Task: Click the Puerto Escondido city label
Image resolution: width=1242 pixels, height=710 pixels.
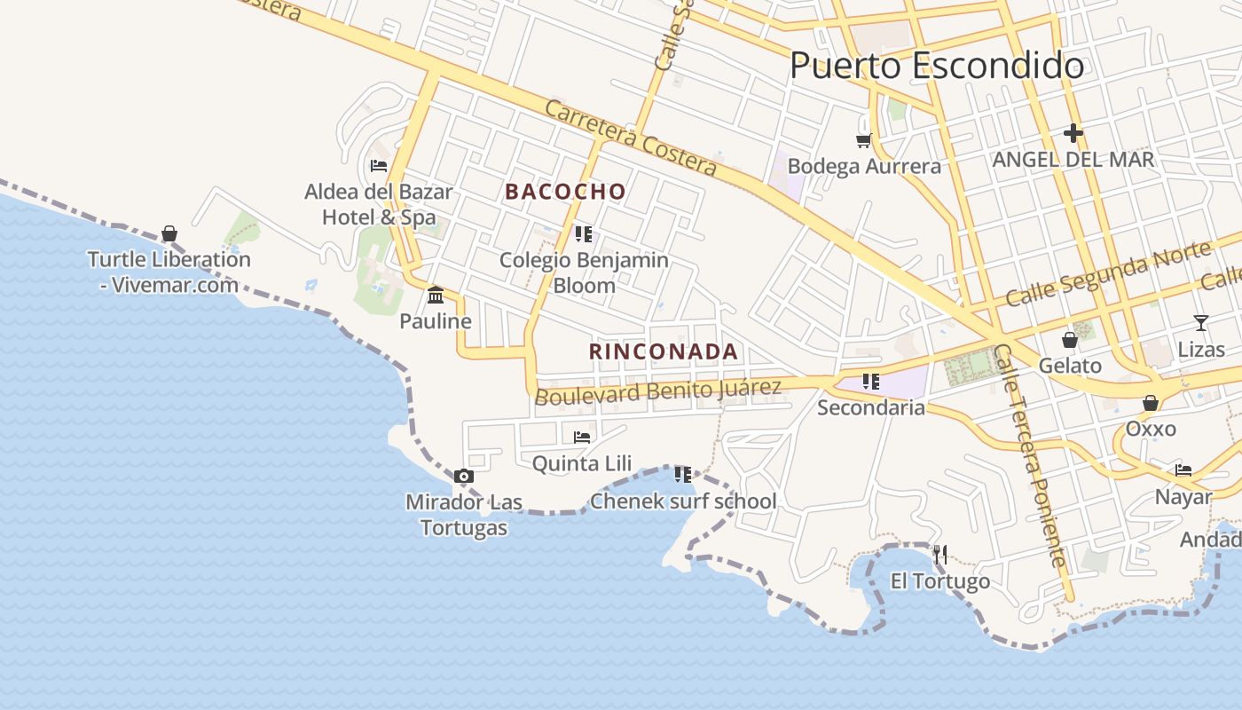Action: coord(936,66)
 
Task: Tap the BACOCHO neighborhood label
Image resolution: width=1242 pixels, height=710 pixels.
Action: coord(566,192)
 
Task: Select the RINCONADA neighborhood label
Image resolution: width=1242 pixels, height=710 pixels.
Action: coord(664,351)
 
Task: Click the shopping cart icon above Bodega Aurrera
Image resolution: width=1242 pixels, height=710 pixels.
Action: coord(863,140)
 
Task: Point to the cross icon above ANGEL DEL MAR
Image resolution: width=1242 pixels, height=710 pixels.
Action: coord(1073,133)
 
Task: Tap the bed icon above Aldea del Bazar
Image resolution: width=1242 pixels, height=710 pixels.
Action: coord(379,165)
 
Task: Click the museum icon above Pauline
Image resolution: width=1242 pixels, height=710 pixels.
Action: coord(435,295)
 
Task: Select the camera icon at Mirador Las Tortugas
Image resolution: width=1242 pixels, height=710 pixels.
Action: coord(463,477)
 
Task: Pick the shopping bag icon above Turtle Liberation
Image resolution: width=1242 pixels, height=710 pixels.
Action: coord(169,233)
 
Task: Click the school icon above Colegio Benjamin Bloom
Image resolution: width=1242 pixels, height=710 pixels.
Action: coord(583,234)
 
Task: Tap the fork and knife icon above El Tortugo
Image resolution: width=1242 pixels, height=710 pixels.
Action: coord(940,556)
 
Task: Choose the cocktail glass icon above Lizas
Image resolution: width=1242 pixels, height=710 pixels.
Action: coord(1200,323)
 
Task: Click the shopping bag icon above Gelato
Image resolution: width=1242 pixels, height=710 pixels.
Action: coord(1070,339)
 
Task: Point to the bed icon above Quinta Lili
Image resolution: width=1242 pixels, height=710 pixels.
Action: coord(582,437)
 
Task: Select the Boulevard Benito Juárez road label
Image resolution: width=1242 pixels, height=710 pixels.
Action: coord(657,390)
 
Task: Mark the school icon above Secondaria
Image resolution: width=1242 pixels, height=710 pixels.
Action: coord(870,382)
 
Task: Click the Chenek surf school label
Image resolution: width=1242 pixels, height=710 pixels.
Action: coord(683,501)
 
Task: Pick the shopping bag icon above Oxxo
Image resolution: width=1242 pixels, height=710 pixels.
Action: coord(1151,403)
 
